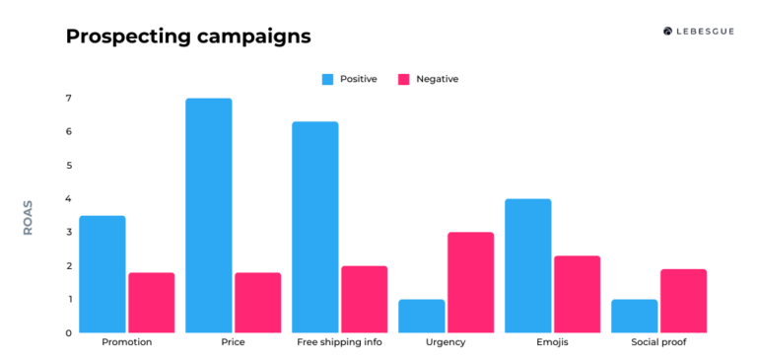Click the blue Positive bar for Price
[208, 215]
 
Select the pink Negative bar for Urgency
[470, 282]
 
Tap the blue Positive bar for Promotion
[102, 274]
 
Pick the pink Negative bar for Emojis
[577, 294]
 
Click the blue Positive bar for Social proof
[634, 316]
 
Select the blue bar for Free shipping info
[314, 227]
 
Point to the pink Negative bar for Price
[257, 302]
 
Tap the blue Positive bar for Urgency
[421, 316]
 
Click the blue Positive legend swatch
[327, 79]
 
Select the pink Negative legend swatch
[402, 79]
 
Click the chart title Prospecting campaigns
[188, 36]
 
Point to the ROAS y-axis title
[28, 217]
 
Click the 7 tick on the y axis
[68, 98]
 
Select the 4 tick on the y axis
[68, 198]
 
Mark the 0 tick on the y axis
[68, 332]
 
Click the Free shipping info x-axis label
[340, 343]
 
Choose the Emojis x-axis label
[552, 343]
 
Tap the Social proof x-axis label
[658, 343]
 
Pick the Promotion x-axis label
[126, 343]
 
